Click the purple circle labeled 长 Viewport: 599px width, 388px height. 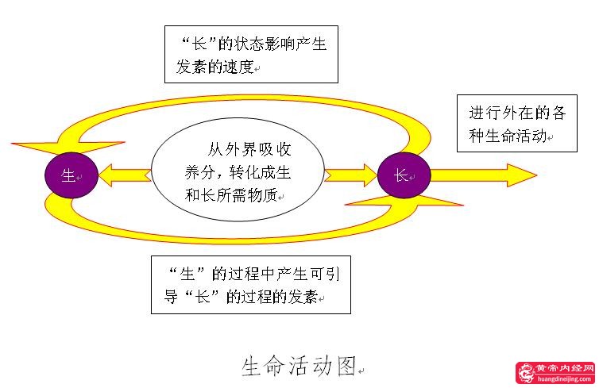click(x=404, y=175)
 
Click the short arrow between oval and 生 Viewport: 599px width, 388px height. click(x=124, y=174)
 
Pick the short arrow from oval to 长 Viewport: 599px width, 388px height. click(x=350, y=174)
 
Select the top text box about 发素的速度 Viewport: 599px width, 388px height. click(x=251, y=55)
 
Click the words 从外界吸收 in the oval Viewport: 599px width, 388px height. click(x=248, y=151)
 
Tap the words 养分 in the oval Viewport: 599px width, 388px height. click(x=195, y=173)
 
